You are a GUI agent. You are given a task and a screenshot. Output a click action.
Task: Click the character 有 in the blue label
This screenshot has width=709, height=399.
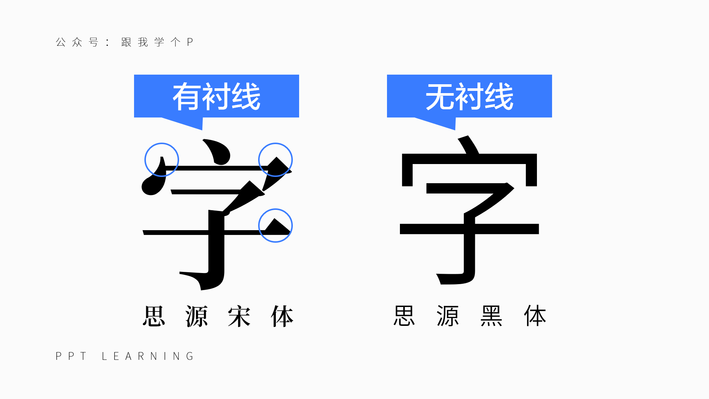click(x=187, y=97)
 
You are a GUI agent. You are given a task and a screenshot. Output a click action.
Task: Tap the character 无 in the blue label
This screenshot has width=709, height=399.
click(x=440, y=97)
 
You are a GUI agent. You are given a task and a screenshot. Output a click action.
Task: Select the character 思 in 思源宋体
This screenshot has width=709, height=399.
click(x=154, y=316)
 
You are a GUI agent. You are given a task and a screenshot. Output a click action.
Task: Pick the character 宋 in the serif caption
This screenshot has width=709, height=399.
click(x=239, y=316)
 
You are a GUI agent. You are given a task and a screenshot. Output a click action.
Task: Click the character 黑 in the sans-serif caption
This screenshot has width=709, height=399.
click(x=491, y=316)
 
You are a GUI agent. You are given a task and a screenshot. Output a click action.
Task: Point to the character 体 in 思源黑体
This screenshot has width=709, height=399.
click(x=535, y=316)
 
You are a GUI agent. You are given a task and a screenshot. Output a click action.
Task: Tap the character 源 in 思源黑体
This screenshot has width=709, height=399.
click(x=448, y=316)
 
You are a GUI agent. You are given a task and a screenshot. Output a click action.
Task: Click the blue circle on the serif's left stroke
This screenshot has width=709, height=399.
click(x=162, y=160)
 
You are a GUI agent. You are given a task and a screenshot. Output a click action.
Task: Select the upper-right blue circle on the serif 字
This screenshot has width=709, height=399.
click(x=275, y=160)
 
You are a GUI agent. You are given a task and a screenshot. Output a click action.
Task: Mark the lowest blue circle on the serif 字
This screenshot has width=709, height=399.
click(x=275, y=225)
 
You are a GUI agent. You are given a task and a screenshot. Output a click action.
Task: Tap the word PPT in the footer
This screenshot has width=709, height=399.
click(x=71, y=356)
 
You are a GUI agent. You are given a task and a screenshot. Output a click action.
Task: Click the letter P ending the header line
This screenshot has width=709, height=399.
click(x=190, y=42)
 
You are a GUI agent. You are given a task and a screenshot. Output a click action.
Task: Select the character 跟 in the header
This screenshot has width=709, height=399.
click(x=126, y=42)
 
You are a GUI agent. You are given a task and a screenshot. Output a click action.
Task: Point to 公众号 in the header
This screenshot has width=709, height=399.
click(x=77, y=42)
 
